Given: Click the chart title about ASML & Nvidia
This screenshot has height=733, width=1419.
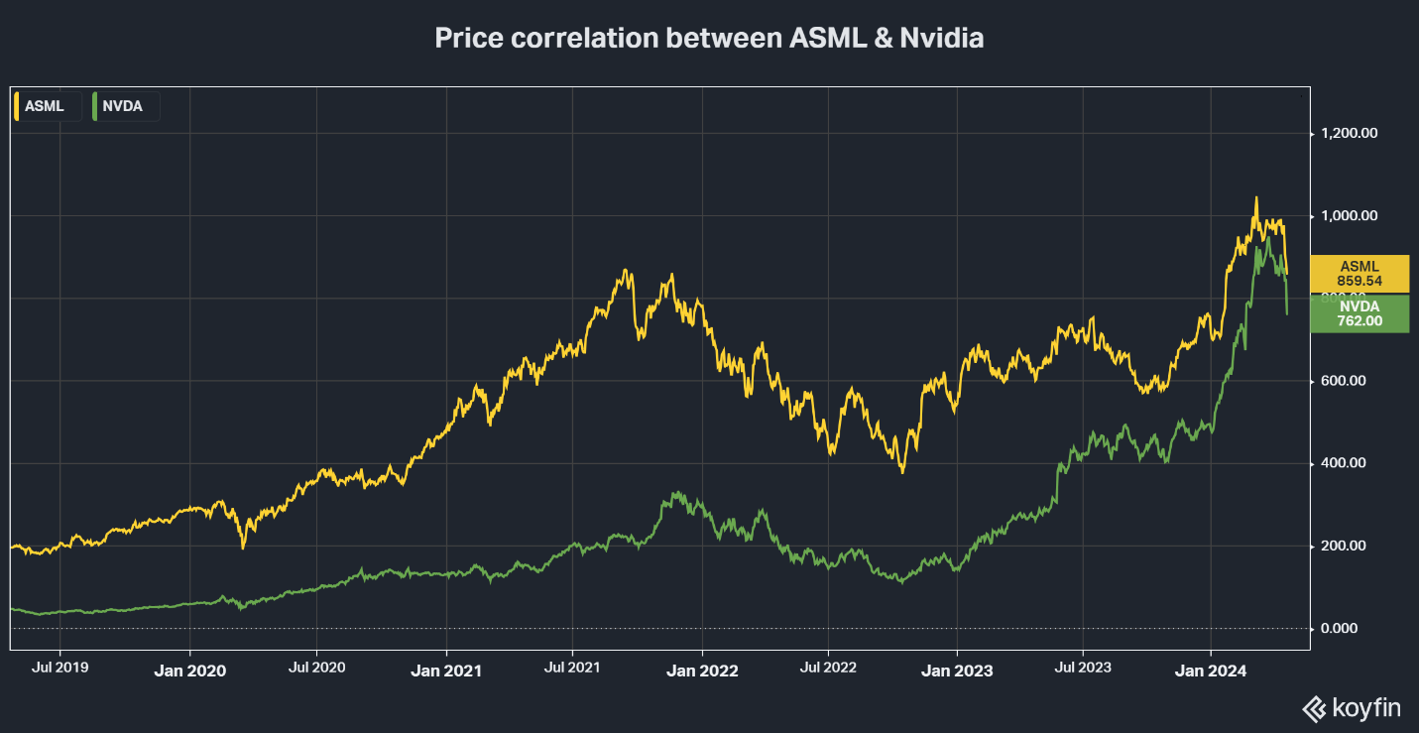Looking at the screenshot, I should coord(709,39).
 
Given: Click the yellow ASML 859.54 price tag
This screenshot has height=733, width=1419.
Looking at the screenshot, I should coord(1360,274).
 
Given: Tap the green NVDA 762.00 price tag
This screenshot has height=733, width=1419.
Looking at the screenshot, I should coord(1360,313).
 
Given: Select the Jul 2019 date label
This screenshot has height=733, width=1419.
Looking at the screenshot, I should coord(60,668).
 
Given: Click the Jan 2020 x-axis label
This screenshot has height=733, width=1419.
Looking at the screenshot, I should coord(189,671).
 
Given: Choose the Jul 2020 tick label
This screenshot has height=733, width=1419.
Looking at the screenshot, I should coord(316,668).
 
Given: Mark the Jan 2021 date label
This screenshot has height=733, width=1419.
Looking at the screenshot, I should coord(445,671).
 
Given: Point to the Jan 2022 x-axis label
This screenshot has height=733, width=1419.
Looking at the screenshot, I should coord(702,671).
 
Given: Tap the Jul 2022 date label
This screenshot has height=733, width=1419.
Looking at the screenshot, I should coord(827,668).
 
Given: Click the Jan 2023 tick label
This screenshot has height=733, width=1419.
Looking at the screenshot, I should coord(957,671).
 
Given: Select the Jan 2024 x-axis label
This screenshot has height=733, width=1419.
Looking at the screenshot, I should coord(1211,671).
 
